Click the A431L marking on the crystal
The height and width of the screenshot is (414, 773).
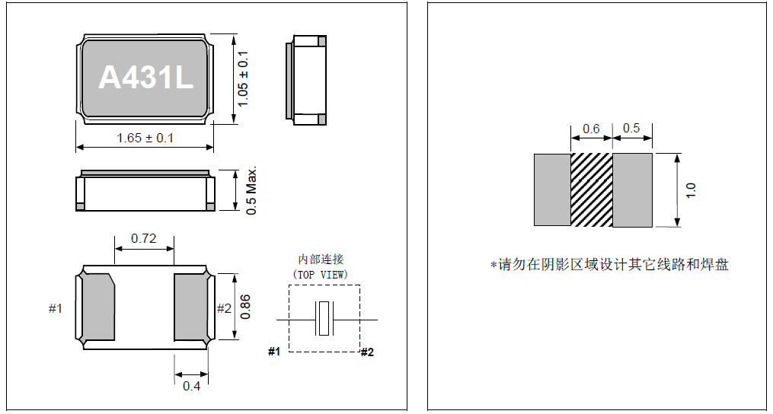coord(146,78)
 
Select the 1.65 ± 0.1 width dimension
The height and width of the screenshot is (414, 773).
coord(145,138)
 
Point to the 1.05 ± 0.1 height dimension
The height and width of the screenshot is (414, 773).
coord(243,78)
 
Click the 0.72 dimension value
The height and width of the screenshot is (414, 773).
coord(143,238)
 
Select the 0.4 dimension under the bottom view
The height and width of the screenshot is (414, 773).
coord(191,386)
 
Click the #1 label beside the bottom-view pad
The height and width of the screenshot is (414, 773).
coord(56,308)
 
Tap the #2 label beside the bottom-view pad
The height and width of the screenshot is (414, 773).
coord(224,308)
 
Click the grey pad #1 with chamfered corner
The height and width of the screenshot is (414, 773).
coord(97,307)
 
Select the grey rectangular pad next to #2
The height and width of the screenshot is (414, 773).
coord(190,307)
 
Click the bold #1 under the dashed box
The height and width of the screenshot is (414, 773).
coord(275,352)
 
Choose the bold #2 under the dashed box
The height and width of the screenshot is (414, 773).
coord(367,352)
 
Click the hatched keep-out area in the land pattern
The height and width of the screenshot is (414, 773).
coord(592,189)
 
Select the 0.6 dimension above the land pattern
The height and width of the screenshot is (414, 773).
coord(591,129)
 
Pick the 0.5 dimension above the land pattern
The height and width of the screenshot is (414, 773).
coord(631,129)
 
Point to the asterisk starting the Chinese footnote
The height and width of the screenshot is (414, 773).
coord(493,265)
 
